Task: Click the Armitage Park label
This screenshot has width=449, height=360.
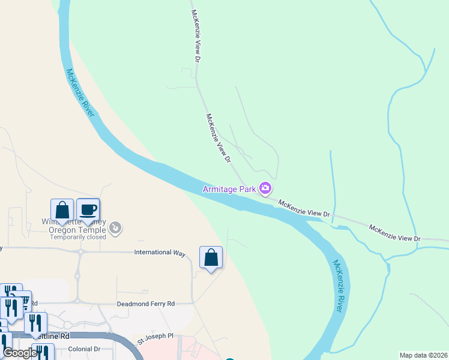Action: pos(230,189)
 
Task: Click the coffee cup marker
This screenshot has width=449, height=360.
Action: pos(88,209)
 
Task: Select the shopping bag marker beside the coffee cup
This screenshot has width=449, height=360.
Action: pos(62,210)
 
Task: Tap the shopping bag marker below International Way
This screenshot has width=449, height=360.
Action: pos(211,257)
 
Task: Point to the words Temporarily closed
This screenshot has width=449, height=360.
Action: pos(77,237)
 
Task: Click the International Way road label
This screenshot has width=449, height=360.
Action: pos(160,253)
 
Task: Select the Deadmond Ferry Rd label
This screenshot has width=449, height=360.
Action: pos(145,304)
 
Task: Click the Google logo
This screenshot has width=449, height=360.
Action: pos(20,353)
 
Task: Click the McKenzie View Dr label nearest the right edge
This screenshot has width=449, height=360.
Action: pos(394,233)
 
